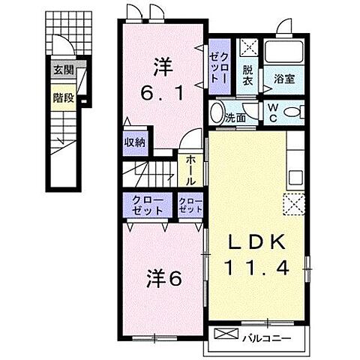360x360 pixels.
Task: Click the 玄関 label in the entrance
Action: tap(63, 71)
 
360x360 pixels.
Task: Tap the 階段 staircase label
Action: tap(63, 97)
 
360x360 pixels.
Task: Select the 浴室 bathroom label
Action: tap(283, 78)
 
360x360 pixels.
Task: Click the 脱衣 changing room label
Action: tap(248, 75)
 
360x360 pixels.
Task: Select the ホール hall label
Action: tap(188, 170)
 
